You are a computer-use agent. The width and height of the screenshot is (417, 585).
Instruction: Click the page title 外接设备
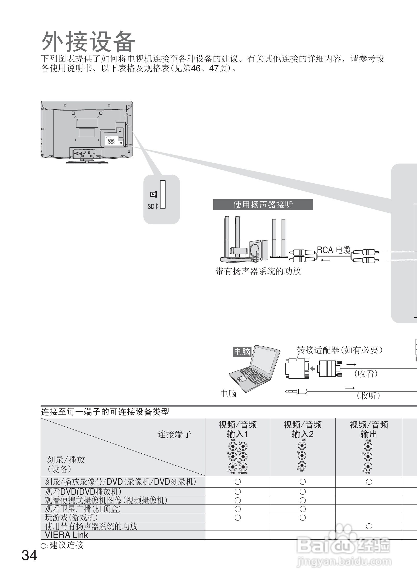(x=88, y=42)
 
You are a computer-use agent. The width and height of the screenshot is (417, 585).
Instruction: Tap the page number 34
(x=29, y=555)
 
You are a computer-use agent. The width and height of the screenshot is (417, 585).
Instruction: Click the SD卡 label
(x=153, y=206)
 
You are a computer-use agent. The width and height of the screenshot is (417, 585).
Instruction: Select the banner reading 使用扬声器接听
(x=263, y=205)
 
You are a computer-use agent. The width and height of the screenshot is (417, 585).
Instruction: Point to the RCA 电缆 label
(x=334, y=250)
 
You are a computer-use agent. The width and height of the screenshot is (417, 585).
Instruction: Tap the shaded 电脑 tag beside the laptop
(x=242, y=352)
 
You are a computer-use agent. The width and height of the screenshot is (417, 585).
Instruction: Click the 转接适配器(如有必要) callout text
(x=339, y=350)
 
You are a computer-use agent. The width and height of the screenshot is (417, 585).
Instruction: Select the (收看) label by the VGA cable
(x=366, y=374)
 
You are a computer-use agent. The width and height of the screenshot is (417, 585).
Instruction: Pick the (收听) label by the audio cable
(x=368, y=396)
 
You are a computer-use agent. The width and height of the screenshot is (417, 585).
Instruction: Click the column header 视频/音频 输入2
(x=302, y=429)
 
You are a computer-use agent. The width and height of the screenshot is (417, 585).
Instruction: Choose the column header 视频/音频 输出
(x=369, y=429)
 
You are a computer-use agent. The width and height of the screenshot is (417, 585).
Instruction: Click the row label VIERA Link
(x=66, y=535)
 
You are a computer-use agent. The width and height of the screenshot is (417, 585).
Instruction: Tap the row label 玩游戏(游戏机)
(x=71, y=517)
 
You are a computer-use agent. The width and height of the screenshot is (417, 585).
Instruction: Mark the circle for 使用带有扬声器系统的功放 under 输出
(x=369, y=526)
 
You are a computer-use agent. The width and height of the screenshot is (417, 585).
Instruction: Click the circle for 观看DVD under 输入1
(x=237, y=492)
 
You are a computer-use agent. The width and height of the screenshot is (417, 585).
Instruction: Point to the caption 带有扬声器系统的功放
(x=258, y=271)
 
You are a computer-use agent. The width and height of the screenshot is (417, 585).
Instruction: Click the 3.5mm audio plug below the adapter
(x=297, y=392)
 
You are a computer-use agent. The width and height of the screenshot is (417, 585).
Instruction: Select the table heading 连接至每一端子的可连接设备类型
(x=105, y=412)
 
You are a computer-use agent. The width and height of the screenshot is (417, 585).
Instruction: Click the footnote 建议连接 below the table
(x=66, y=545)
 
